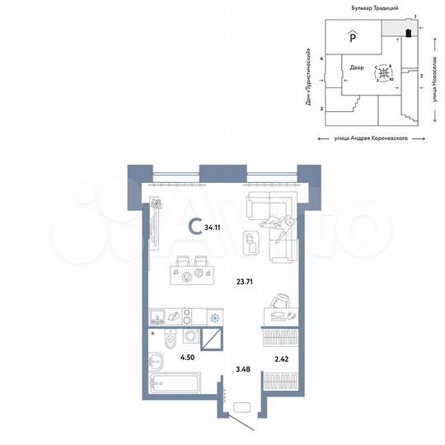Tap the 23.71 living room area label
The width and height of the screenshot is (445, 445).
pos(246,280)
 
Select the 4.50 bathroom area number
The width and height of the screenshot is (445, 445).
pos(187,357)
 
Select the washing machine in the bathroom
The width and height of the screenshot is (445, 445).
pos(190,337)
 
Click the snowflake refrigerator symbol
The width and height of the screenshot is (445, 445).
pos(214,317)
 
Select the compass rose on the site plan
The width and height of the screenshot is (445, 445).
pos(384,73)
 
